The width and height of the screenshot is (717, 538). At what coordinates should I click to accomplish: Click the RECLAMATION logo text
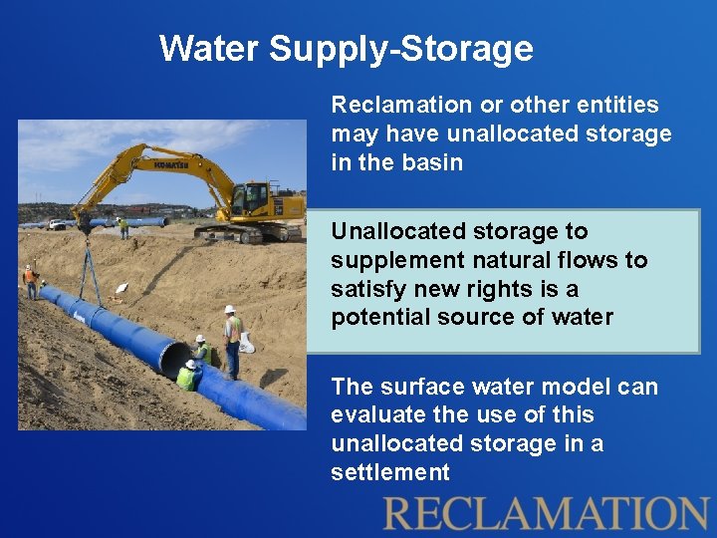click(x=545, y=513)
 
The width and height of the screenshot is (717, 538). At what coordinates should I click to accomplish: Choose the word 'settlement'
click(x=390, y=472)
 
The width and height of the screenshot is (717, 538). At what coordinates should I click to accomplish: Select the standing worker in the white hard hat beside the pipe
click(x=232, y=342)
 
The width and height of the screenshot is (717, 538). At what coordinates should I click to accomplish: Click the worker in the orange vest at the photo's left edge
click(x=31, y=281)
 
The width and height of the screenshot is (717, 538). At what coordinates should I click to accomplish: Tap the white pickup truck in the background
click(x=57, y=224)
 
